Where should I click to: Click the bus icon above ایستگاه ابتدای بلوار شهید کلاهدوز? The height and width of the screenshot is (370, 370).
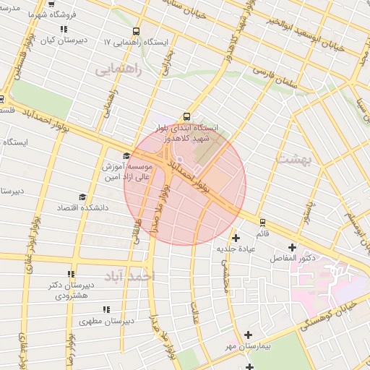pos(187,116)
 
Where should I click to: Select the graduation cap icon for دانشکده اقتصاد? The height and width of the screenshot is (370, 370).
pos(82,197)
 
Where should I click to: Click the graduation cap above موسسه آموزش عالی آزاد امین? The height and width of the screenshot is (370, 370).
pos(126,155)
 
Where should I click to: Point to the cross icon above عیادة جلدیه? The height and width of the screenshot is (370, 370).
pos(236,238)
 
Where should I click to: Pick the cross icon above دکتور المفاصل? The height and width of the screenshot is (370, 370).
pos(292,247)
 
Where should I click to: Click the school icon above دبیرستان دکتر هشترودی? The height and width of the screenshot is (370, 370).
pos(71,274)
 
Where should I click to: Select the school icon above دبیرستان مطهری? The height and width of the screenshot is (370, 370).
pos(106,309)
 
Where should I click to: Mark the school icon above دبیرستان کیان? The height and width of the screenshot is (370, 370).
pos(64,30)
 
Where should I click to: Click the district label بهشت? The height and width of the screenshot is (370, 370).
pos(292,158)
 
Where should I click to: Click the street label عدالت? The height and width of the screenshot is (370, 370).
pos(194,309)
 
